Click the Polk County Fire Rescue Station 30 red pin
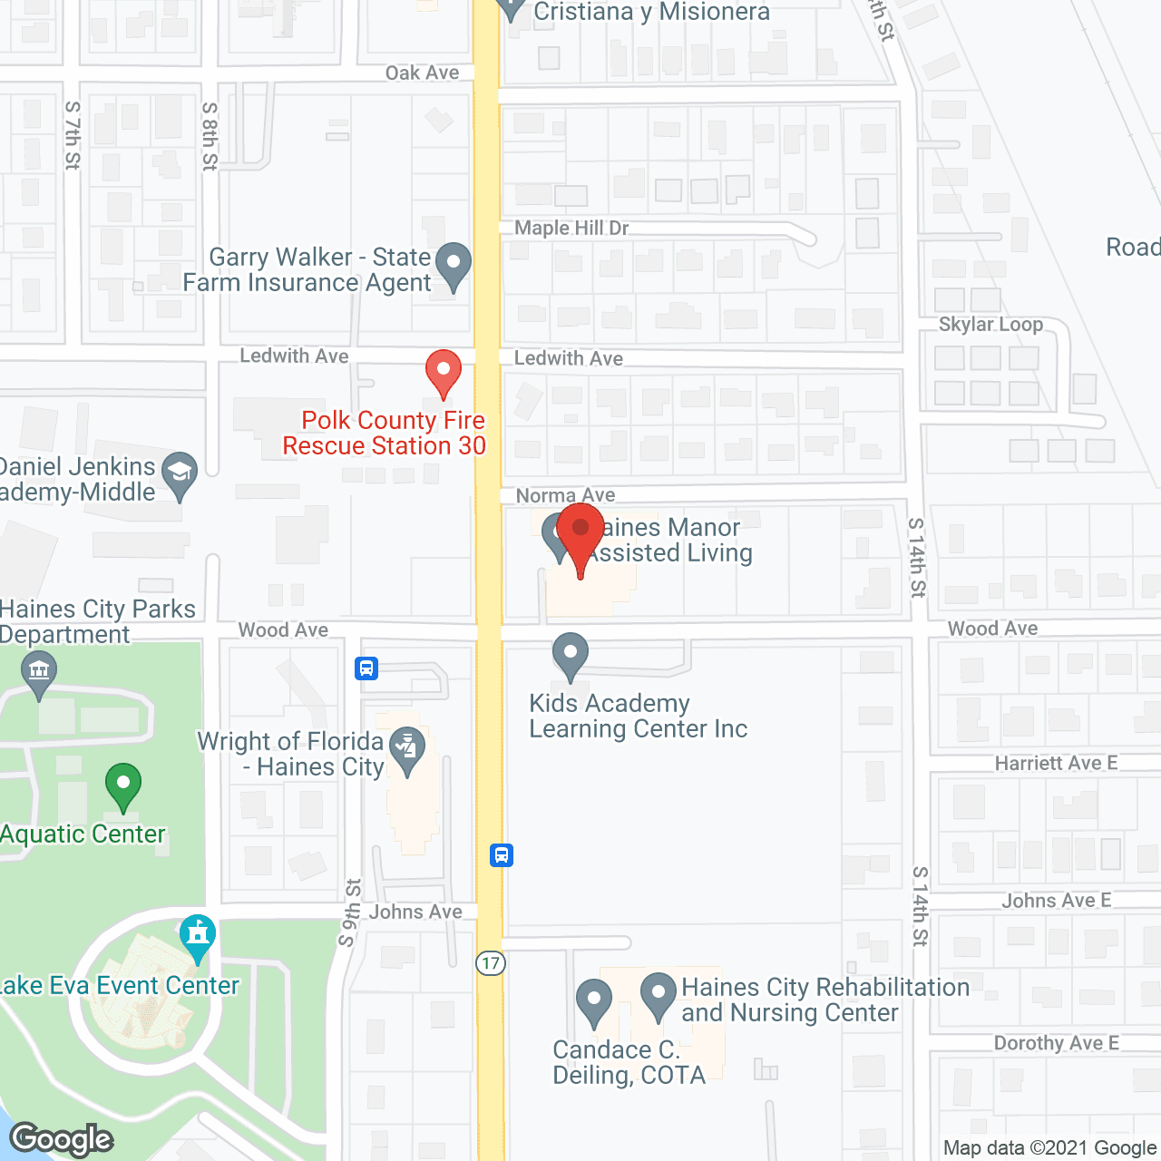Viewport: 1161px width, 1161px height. click(x=444, y=372)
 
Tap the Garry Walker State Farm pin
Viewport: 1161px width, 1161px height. click(x=454, y=265)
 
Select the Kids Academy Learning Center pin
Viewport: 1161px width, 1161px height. click(x=571, y=655)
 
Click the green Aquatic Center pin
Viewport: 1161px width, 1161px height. click(x=123, y=785)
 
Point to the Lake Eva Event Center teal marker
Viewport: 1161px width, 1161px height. click(x=197, y=936)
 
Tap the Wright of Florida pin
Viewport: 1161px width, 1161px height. click(x=407, y=751)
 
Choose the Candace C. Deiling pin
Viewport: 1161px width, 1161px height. click(x=594, y=1001)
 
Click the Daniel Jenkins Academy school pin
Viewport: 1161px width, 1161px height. click(x=180, y=473)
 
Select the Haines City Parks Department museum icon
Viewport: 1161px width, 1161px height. click(x=39, y=674)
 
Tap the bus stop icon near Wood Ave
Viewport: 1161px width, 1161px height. click(x=366, y=669)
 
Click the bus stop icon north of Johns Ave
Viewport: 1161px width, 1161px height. click(x=502, y=855)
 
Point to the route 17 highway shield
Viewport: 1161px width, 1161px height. click(x=491, y=963)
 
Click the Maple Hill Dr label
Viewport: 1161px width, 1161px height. click(x=571, y=228)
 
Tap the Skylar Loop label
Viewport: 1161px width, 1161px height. click(x=990, y=324)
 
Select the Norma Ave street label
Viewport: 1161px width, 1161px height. click(x=565, y=495)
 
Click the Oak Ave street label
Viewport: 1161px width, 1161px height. click(x=422, y=73)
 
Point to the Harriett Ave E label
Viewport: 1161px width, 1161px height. click(x=1056, y=763)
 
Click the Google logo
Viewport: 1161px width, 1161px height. click(x=62, y=1139)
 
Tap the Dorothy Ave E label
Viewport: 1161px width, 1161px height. click(x=1056, y=1043)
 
